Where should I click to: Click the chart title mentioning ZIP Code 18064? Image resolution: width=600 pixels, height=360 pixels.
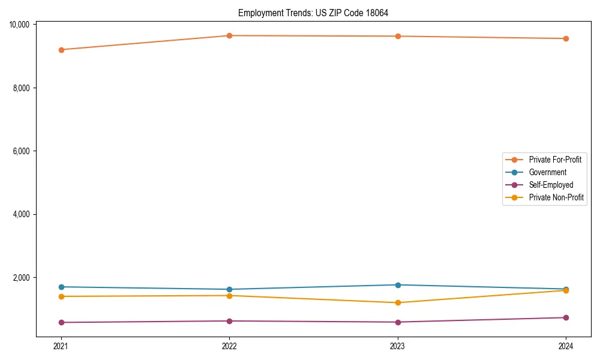317,13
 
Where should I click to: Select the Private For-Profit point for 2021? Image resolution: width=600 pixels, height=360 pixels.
61,50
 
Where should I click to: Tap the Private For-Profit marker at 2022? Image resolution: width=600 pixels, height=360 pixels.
229,35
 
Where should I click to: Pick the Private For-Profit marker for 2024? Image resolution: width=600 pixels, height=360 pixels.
566,38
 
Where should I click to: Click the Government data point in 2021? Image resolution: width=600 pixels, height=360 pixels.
61,287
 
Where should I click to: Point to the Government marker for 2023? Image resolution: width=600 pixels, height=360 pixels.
398,285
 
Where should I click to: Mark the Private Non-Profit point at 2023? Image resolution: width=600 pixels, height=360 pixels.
398,302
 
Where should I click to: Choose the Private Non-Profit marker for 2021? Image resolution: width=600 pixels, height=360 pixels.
61,296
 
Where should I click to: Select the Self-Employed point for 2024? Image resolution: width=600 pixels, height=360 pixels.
566,317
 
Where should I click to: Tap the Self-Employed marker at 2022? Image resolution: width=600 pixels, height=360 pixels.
229,321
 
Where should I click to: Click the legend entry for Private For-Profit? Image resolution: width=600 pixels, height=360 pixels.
554,160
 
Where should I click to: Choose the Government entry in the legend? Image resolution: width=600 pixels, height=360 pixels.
547,172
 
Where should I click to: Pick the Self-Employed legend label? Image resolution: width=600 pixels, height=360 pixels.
551,185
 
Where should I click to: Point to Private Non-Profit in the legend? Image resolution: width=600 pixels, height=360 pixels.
556,197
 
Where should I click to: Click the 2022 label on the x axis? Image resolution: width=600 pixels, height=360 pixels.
229,346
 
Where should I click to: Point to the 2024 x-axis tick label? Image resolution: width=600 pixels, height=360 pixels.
566,346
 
